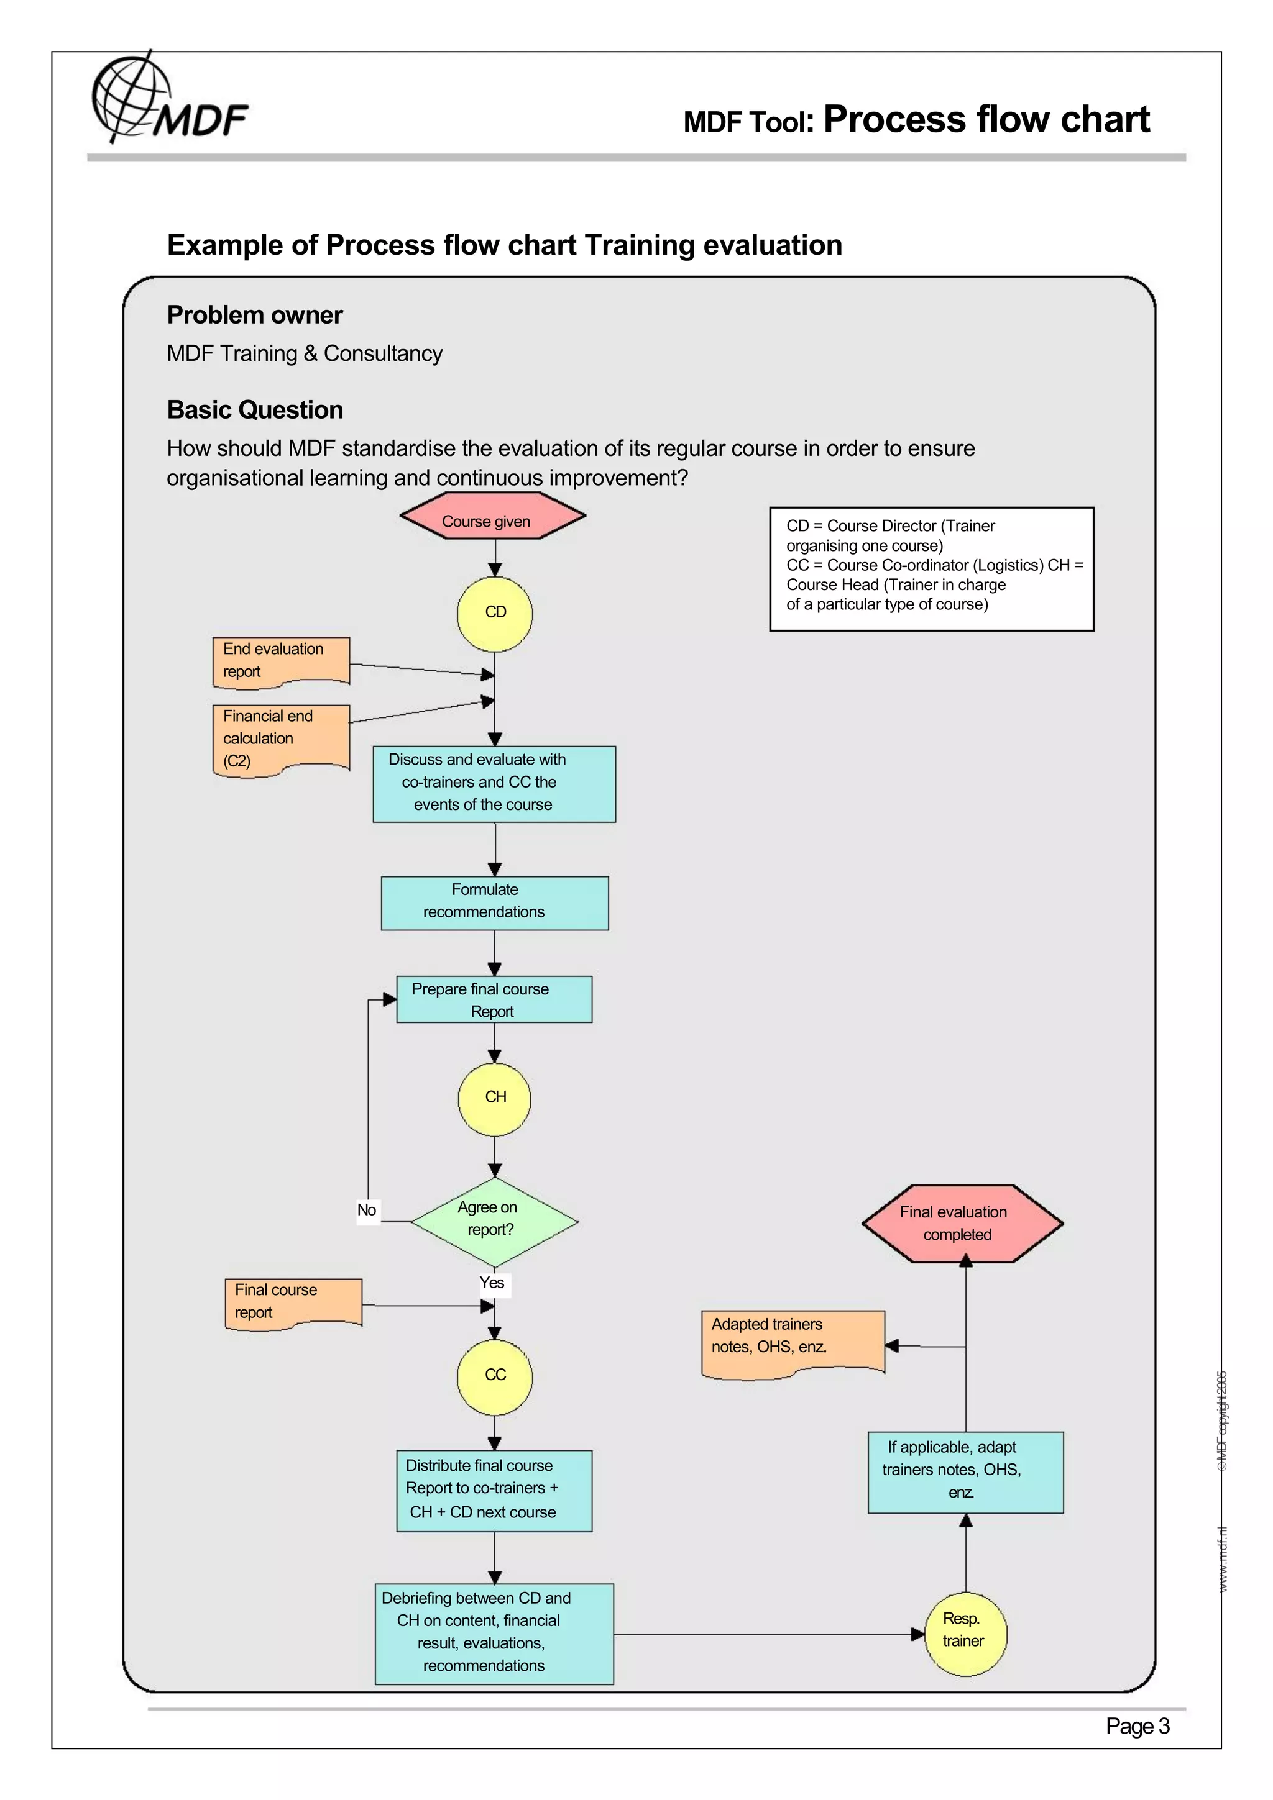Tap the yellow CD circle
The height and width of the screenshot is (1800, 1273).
[x=494, y=613]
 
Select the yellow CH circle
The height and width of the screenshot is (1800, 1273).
[x=494, y=1098]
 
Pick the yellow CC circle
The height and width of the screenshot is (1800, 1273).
[x=494, y=1376]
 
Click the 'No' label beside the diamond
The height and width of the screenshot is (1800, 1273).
[x=366, y=1211]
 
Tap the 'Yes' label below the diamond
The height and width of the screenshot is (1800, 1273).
[x=492, y=1283]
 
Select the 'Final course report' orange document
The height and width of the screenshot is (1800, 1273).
[x=293, y=1302]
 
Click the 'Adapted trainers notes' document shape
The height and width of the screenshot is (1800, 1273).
[x=792, y=1342]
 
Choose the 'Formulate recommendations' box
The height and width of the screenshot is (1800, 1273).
[x=494, y=902]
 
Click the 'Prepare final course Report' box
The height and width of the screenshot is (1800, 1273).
[x=494, y=999]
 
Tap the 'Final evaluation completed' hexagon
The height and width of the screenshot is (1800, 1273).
[x=962, y=1223]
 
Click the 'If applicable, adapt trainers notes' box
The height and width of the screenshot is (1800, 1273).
[x=965, y=1471]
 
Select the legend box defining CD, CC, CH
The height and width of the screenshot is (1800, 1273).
[x=931, y=568]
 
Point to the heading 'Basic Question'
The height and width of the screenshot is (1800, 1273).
[x=255, y=410]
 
